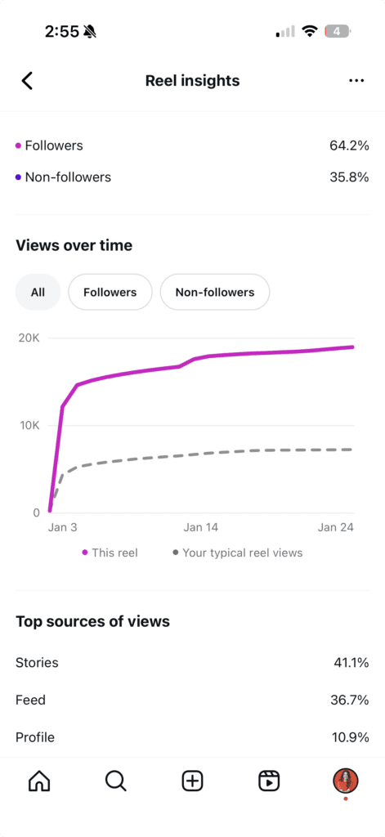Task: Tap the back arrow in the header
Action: click(27, 80)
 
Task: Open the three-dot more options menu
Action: click(356, 80)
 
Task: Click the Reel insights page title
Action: click(192, 80)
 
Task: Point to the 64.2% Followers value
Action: click(349, 145)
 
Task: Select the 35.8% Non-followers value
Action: click(349, 177)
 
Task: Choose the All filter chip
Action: click(38, 292)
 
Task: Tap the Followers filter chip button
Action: click(110, 292)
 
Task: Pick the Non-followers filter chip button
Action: click(215, 292)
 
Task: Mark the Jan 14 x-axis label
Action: click(201, 527)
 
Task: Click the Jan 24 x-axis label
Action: click(335, 527)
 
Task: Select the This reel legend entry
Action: click(110, 553)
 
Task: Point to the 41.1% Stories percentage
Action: click(351, 662)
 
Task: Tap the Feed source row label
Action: click(30, 700)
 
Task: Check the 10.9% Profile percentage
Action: click(351, 737)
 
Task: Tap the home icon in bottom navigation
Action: click(38, 781)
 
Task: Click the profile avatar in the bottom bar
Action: click(346, 781)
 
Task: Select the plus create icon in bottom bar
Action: click(192, 781)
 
